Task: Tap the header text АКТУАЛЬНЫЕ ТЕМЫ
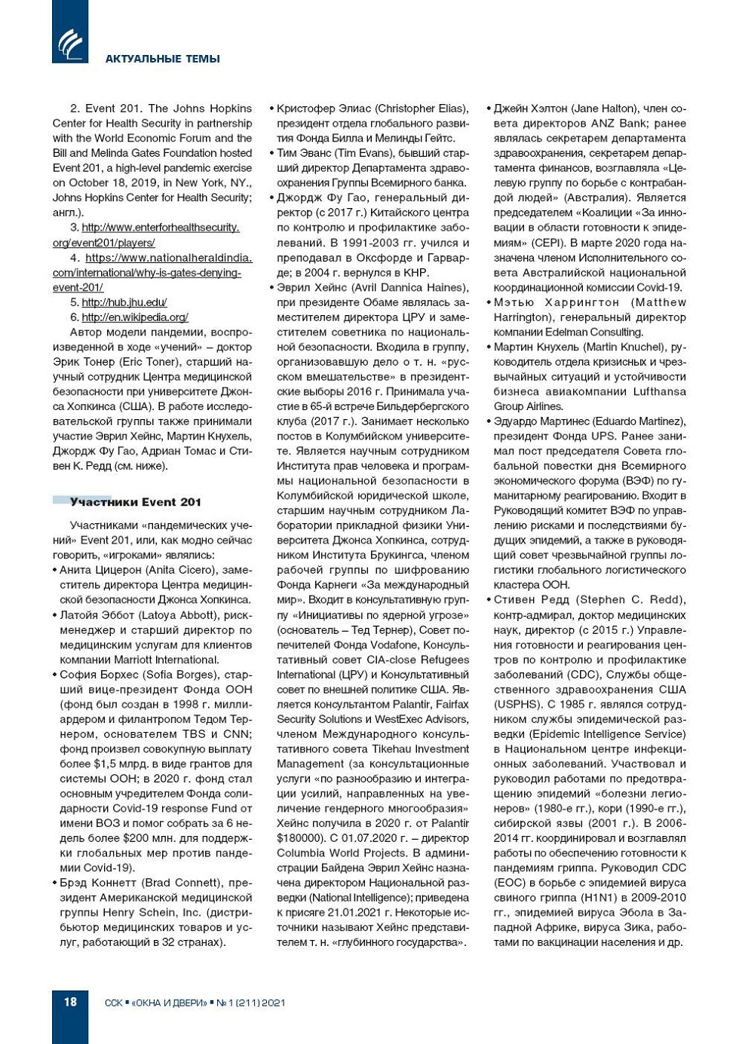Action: click(162, 59)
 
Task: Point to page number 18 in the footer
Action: click(70, 1002)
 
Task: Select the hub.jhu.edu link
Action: click(124, 302)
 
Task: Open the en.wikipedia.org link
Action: click(135, 317)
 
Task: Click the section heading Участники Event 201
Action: click(135, 502)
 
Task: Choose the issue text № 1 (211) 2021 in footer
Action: click(251, 1003)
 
